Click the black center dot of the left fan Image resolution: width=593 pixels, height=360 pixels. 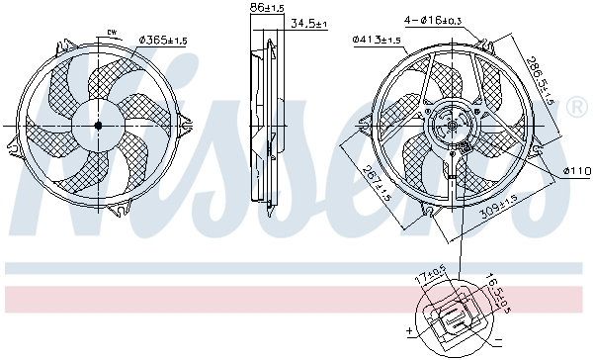pyautogui.click(x=98, y=126)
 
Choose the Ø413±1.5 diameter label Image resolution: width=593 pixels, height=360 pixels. pyautogui.click(x=377, y=41)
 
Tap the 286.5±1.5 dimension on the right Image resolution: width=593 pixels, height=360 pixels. pyautogui.click(x=548, y=83)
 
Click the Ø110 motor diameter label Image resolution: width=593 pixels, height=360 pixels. pyautogui.click(x=576, y=171)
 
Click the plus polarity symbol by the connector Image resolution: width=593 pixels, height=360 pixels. pyautogui.click(x=407, y=330)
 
